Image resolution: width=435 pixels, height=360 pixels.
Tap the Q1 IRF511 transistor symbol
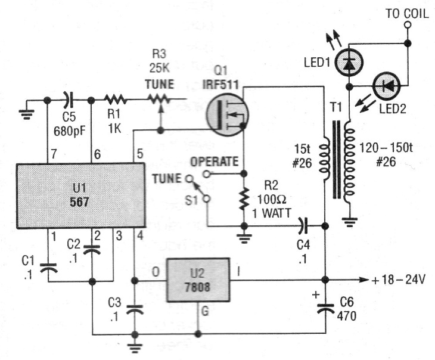click(x=226, y=114)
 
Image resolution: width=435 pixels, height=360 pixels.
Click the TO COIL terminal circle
click(x=408, y=26)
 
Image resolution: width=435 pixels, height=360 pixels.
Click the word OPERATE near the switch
click(x=215, y=161)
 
